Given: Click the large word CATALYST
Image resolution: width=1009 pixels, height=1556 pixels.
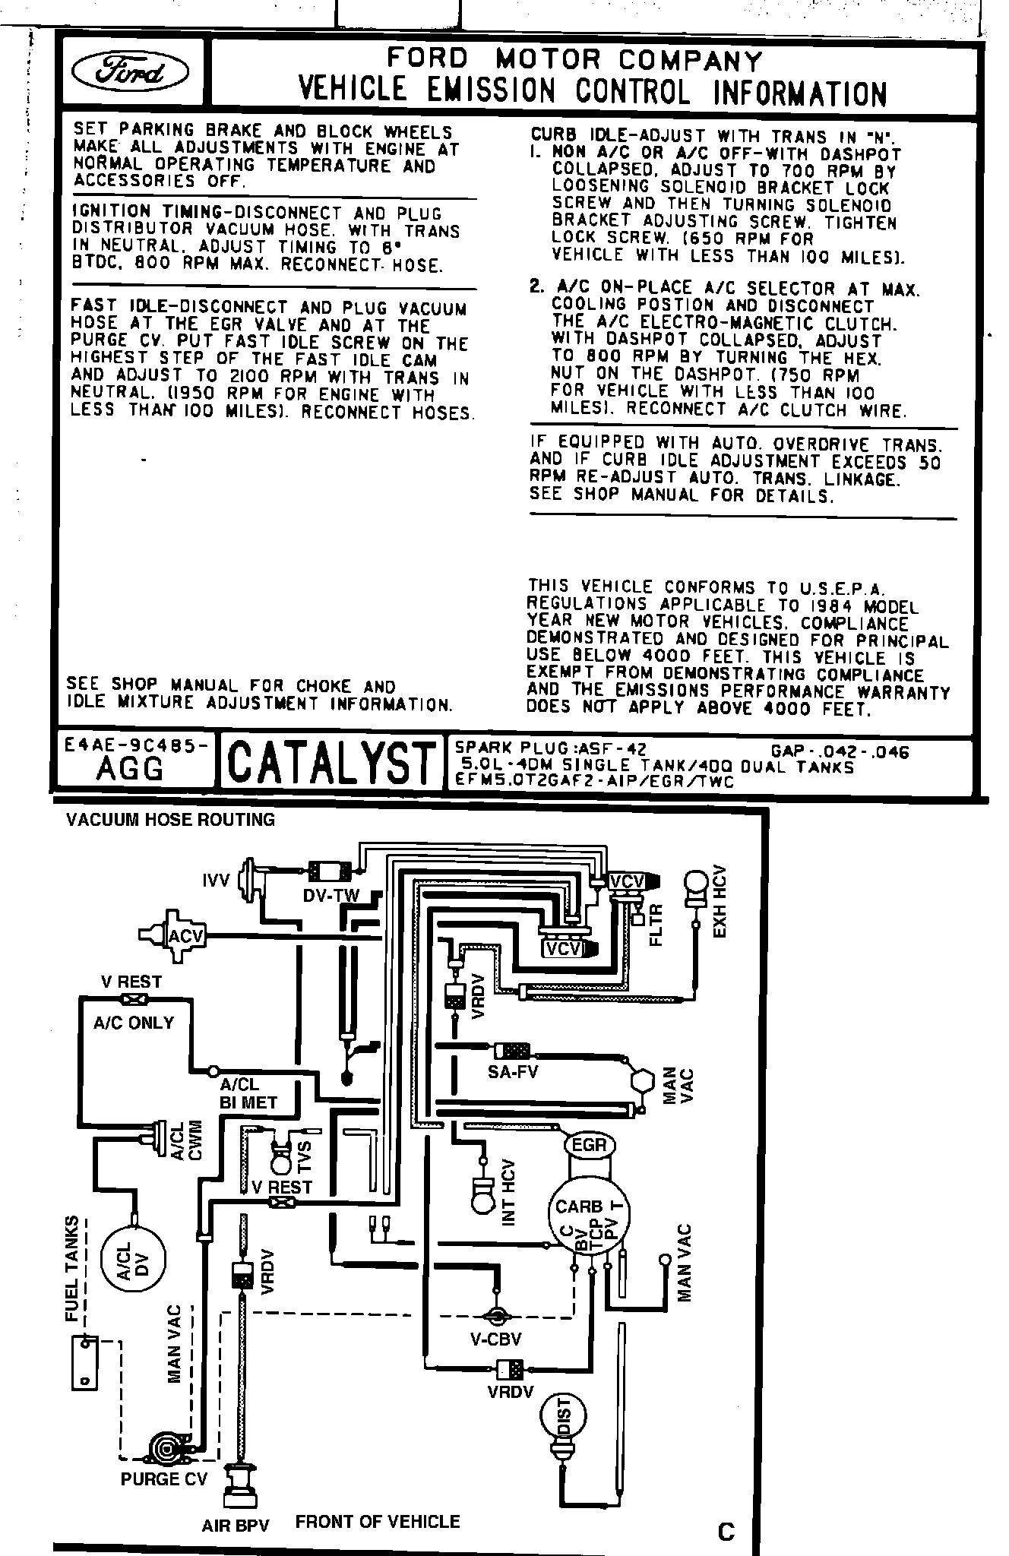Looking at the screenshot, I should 332,762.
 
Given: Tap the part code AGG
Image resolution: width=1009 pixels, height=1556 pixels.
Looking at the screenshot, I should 131,770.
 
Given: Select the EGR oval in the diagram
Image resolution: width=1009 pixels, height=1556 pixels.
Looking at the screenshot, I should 590,1145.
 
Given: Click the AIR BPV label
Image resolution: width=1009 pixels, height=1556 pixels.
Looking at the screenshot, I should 236,1526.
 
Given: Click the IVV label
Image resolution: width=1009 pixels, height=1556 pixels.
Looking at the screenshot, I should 216,881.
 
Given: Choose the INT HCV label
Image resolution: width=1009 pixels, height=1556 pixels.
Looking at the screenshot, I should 510,1191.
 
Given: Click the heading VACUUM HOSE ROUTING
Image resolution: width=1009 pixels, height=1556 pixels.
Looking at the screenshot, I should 170,819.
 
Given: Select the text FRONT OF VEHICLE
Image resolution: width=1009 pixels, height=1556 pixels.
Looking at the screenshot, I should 378,1521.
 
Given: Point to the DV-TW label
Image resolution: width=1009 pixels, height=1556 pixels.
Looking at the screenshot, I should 331,896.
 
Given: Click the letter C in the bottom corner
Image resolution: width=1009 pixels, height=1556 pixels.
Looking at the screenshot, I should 726,1532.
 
